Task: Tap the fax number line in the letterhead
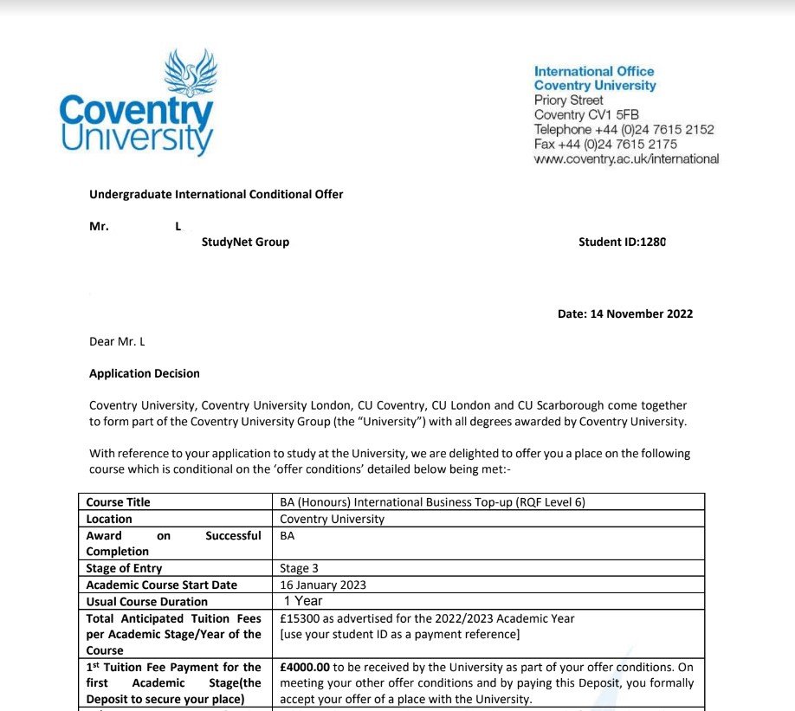[x=606, y=144]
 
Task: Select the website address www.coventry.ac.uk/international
[x=626, y=158]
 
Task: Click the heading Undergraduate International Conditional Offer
[x=217, y=194]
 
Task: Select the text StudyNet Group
[x=245, y=242]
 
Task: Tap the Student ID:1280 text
[x=622, y=242]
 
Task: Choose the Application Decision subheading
[x=144, y=373]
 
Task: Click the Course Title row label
[x=119, y=502]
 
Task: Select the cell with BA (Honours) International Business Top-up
[x=433, y=502]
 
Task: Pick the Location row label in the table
[x=110, y=519]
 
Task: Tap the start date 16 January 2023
[x=323, y=585]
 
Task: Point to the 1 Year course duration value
[x=303, y=600]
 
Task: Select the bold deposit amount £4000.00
[x=305, y=667]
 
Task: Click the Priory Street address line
[x=569, y=100]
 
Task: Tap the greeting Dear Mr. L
[x=117, y=341]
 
